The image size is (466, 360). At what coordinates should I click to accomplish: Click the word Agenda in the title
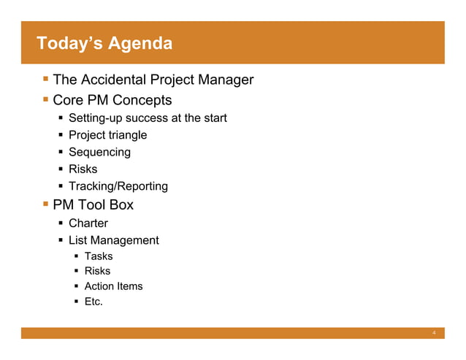point(140,44)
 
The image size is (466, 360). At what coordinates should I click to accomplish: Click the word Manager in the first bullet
point(224,80)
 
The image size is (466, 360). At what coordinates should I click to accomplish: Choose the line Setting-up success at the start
point(148,118)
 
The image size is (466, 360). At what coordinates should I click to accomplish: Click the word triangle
point(127,135)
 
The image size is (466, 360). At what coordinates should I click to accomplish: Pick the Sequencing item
point(99,152)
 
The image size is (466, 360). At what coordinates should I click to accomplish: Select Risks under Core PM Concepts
point(83,169)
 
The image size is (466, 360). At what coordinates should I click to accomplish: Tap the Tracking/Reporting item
point(118,186)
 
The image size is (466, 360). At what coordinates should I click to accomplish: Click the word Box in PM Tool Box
point(121,205)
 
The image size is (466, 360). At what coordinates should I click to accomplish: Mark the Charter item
point(88,223)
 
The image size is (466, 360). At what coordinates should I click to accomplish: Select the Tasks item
point(99,256)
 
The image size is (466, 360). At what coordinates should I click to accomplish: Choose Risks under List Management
point(98,271)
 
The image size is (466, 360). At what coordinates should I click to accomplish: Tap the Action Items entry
point(113,286)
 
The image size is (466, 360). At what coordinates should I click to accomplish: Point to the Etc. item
point(93,302)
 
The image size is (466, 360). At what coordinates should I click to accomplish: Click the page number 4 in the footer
point(434,334)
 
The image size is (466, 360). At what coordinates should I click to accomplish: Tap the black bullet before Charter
point(62,223)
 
